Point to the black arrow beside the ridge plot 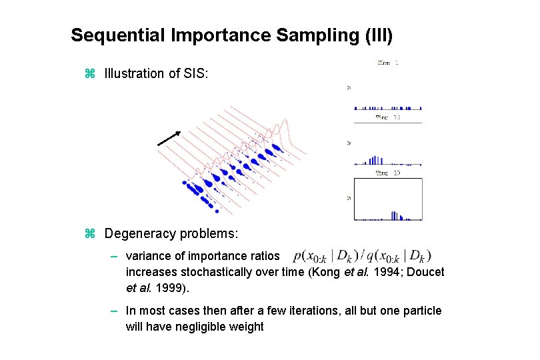click(x=169, y=138)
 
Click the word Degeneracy click(x=141, y=234)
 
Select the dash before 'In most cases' click(x=115, y=311)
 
